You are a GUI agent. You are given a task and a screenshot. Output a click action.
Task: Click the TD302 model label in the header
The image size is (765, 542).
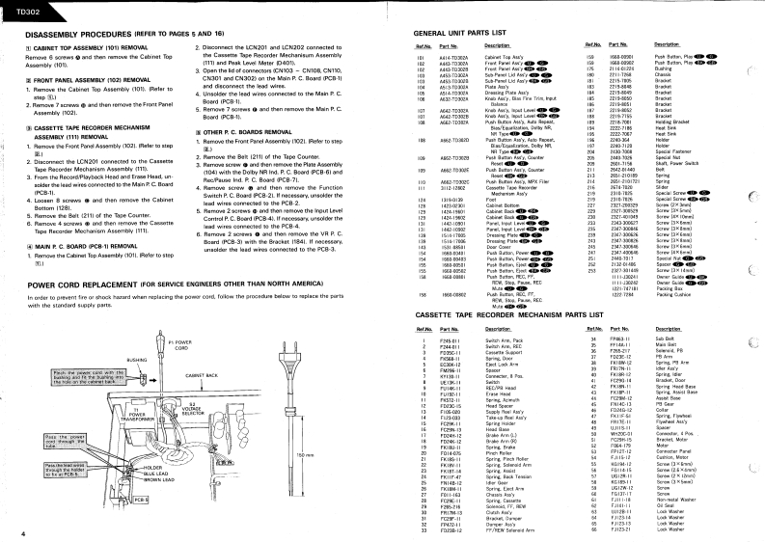(20, 8)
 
